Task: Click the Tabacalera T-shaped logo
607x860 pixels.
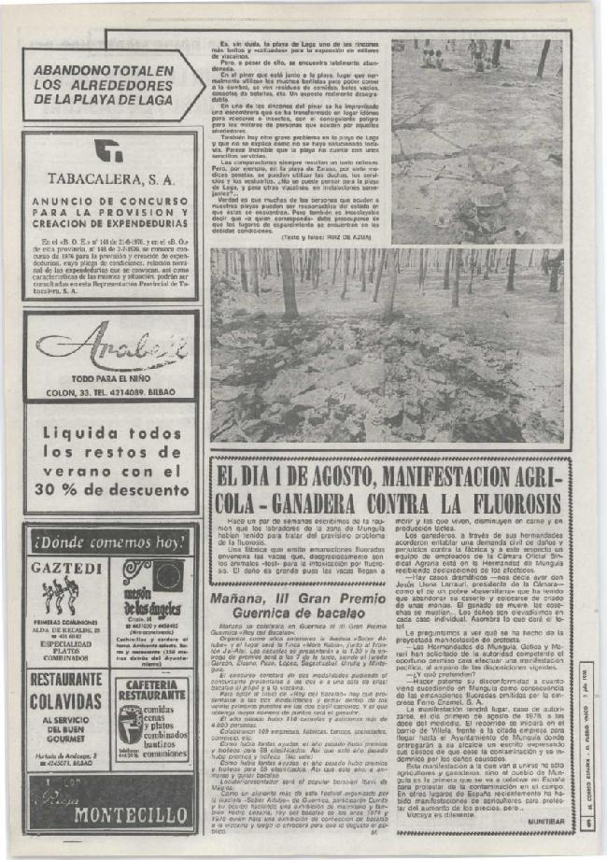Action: click(109, 151)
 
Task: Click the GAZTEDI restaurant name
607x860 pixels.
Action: click(66, 567)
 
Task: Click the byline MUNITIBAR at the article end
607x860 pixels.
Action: click(544, 821)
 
